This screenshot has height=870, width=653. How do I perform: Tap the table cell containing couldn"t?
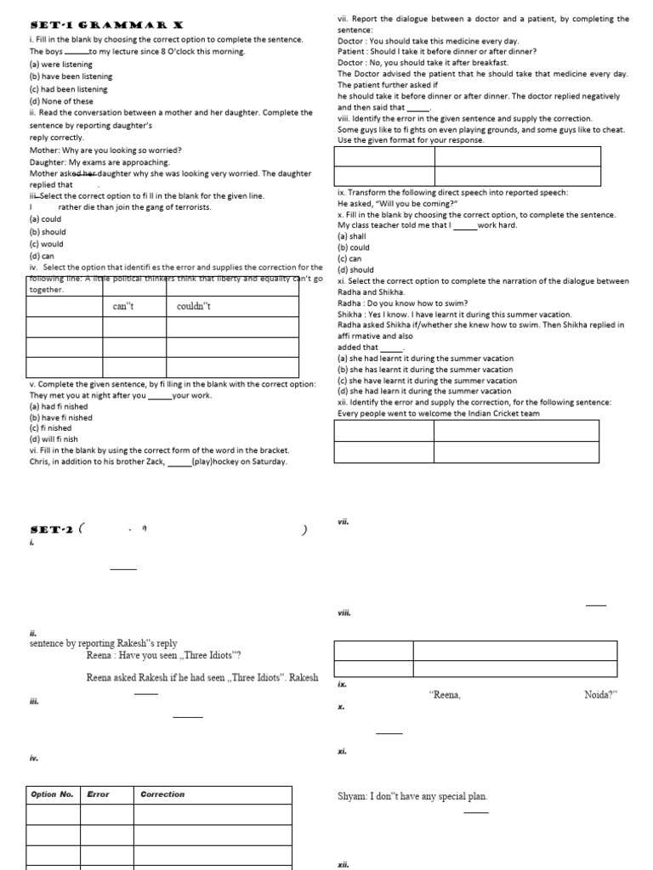pos(193,306)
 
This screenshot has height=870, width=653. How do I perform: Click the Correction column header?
pos(162,794)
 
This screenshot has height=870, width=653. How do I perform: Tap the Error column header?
pos(99,794)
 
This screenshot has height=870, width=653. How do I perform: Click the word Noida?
pos(600,695)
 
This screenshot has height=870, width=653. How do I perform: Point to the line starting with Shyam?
pos(412,797)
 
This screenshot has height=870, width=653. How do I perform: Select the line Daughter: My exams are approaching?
pos(99,161)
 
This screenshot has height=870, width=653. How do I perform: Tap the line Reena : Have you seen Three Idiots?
pos(164,655)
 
